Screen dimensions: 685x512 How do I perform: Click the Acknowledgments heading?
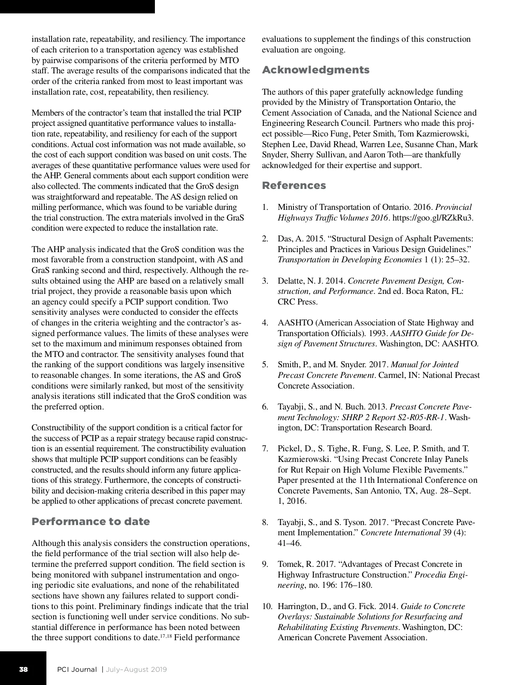pyautogui.click(x=316, y=70)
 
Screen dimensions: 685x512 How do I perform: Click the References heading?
pyautogui.click(x=294, y=186)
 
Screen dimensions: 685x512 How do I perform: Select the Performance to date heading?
pyautogui.click(x=91, y=522)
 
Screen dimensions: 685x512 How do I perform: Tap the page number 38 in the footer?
pyautogui.click(x=23, y=669)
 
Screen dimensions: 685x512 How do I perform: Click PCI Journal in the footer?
pyautogui.click(x=77, y=669)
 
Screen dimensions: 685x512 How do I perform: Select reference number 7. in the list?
pyautogui.click(x=265, y=449)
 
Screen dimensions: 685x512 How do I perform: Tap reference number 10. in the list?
pyautogui.click(x=267, y=607)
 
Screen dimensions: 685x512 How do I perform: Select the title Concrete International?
pyautogui.click(x=400, y=533)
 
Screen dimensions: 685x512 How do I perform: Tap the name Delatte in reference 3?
pyautogui.click(x=291, y=281)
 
